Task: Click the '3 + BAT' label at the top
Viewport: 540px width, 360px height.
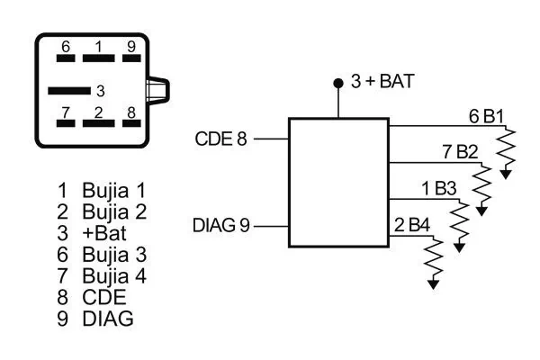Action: click(x=382, y=82)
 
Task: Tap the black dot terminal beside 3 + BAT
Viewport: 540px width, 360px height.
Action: click(x=338, y=83)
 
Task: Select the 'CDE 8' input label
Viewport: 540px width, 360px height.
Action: click(x=220, y=139)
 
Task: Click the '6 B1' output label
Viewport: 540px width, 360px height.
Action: click(x=486, y=116)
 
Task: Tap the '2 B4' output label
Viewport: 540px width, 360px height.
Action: click(x=412, y=224)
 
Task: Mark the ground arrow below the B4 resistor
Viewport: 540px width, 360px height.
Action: click(x=435, y=283)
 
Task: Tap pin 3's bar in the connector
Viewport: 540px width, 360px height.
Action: click(x=69, y=90)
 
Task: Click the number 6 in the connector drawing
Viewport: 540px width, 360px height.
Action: click(x=66, y=46)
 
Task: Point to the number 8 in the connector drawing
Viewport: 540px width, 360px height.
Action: click(x=131, y=112)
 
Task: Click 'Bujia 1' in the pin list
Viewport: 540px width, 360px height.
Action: click(x=113, y=191)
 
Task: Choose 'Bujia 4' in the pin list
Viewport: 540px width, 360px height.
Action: click(x=113, y=275)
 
